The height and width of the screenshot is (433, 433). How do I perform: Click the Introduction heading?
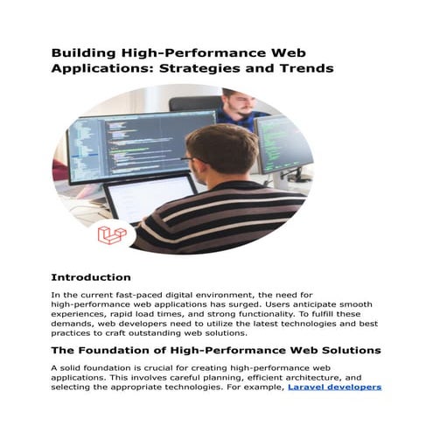91,277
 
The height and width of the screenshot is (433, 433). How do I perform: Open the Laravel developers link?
335,388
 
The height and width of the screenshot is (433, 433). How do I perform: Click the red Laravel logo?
112,234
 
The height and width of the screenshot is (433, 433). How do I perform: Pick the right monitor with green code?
283,144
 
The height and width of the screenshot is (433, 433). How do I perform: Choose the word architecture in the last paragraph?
313,378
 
